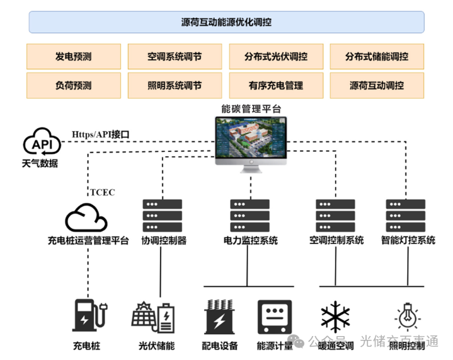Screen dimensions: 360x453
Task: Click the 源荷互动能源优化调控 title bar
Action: coord(226,22)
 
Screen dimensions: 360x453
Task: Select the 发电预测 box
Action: coord(73,56)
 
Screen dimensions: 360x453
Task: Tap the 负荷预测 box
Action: coord(73,85)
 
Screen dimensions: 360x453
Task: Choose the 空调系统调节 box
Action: coord(175,56)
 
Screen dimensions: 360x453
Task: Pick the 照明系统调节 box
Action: coord(175,85)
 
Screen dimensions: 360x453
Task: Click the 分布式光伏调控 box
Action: coord(276,56)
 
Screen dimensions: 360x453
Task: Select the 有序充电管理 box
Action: coord(276,85)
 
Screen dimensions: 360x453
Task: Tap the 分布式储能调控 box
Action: coord(377,56)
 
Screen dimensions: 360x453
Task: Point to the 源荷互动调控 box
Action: coord(377,85)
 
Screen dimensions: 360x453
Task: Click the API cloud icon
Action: coord(42,142)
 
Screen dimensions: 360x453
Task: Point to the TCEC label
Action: coord(101,192)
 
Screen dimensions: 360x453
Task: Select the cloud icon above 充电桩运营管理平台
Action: coord(87,218)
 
